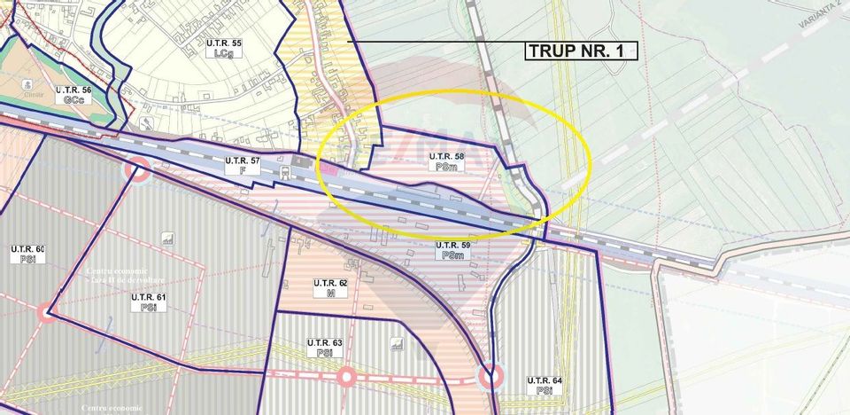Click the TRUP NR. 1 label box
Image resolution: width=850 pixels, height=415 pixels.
tap(581, 51)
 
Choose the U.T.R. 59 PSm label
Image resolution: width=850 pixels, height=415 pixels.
tap(452, 250)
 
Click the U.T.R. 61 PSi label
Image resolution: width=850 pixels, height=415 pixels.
tap(148, 301)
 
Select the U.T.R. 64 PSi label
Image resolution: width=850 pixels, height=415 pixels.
tap(545, 385)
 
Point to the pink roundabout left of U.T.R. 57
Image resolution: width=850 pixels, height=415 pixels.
tap(137, 168)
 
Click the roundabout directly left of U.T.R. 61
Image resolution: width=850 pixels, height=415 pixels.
tap(46, 312)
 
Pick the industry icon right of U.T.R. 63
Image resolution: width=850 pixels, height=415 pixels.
tap(398, 343)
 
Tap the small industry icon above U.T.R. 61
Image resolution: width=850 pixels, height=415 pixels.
tap(167, 239)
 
